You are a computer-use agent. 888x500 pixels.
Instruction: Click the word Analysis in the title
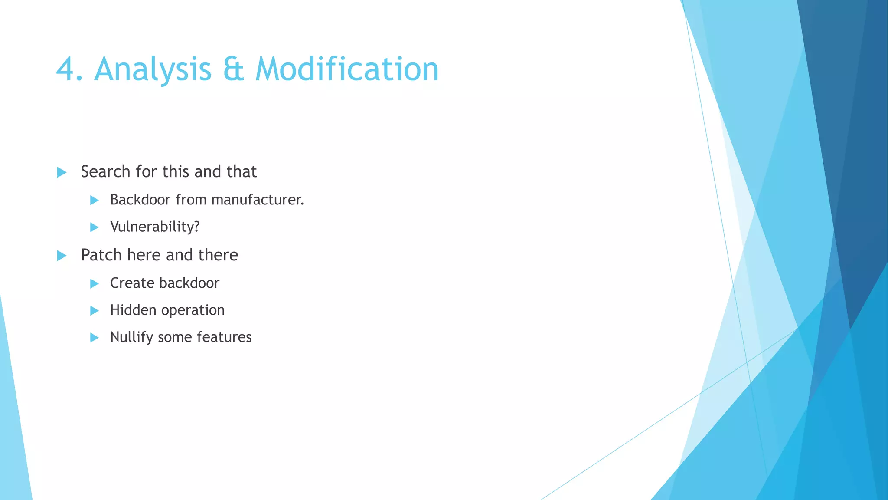[x=153, y=69]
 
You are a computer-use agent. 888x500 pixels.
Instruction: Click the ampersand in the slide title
[x=233, y=69]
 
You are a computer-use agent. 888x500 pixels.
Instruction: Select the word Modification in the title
[x=347, y=69]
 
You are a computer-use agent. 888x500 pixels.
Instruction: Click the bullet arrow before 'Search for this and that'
[x=62, y=172]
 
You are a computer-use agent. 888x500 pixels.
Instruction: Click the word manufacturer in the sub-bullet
[x=258, y=200]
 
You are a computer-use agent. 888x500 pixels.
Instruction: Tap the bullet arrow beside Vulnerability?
[x=94, y=227]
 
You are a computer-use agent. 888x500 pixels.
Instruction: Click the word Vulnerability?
[x=155, y=227]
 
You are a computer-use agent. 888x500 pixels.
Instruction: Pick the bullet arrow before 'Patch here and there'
[x=62, y=256]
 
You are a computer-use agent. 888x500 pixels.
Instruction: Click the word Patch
[x=101, y=255]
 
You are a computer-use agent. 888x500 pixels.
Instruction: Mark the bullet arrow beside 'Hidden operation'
[x=94, y=310]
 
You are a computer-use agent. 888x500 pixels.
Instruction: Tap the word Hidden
[x=133, y=310]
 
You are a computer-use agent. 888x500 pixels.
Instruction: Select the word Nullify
[x=131, y=337]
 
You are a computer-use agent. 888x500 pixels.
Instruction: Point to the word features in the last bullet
[x=224, y=337]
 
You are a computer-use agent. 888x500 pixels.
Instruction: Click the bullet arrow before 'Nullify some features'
[x=94, y=338]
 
